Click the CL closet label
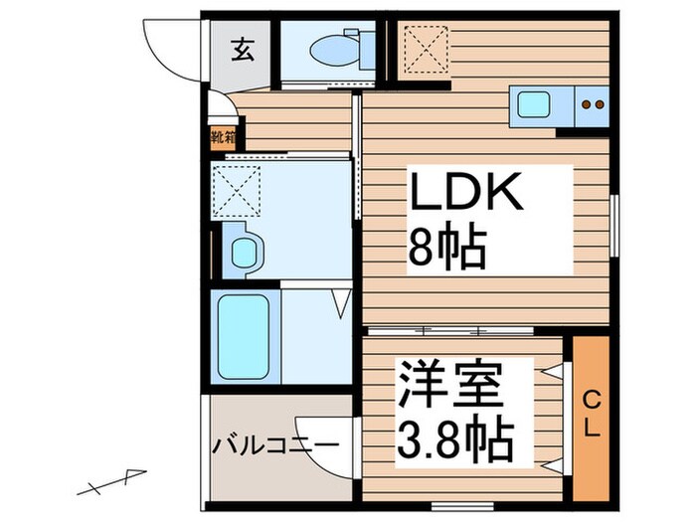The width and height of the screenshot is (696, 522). [591, 415]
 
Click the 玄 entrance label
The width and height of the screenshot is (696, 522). [242, 48]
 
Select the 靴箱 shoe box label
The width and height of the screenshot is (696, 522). [223, 137]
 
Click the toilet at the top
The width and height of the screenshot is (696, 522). [327, 48]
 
